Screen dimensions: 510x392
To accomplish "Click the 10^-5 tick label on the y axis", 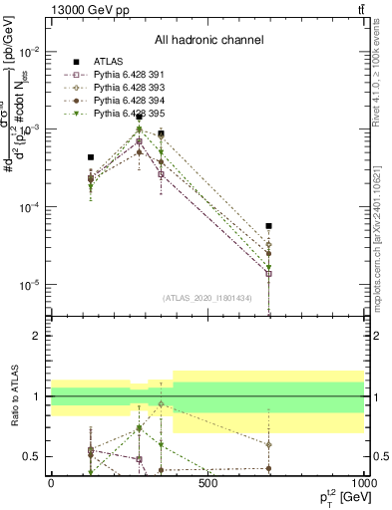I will pos(27,285).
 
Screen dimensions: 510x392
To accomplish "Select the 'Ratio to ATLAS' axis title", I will pos(15,395).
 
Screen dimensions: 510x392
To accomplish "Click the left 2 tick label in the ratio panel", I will pos(36,336).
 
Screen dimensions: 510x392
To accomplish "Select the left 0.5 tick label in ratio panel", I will pos(32,456).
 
